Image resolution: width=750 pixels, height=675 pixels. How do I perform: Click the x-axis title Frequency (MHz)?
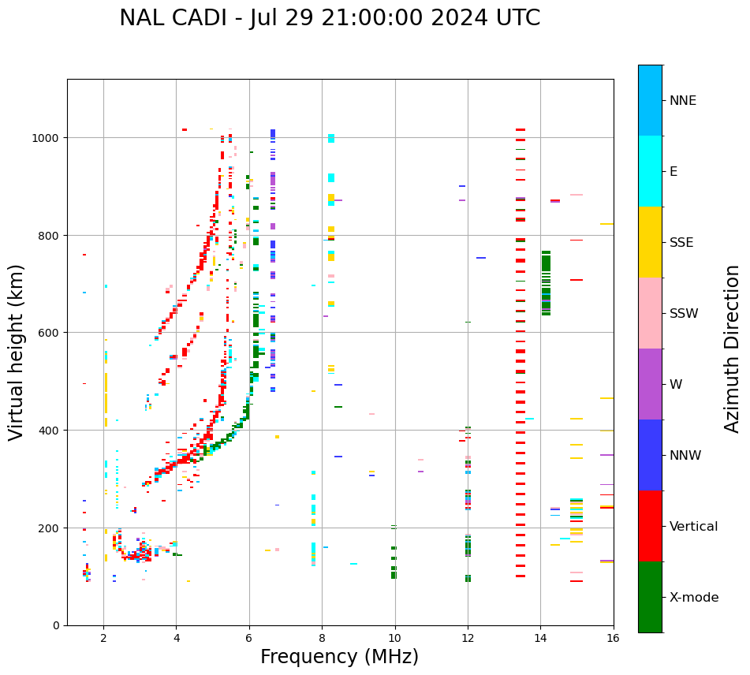pos(339,657)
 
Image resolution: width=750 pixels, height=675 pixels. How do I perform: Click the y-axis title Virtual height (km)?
pos(17,352)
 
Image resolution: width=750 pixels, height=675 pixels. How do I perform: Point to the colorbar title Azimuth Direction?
pos(733,349)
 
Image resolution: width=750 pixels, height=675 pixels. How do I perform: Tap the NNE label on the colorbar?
pos(683,101)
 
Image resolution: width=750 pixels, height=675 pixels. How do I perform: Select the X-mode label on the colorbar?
pos(694,598)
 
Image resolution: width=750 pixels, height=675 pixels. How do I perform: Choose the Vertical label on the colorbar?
pos(694,527)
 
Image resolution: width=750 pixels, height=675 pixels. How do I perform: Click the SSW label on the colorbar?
pos(684,314)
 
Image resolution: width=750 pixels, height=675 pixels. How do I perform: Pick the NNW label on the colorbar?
pos(685,456)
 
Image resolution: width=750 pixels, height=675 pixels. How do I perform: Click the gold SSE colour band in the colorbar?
pos(650,242)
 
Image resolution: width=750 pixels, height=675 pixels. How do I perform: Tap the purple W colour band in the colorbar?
pos(650,384)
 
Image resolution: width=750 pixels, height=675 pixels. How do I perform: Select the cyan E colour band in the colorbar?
pos(650,171)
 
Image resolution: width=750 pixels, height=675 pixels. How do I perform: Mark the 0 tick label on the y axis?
pos(56,625)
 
